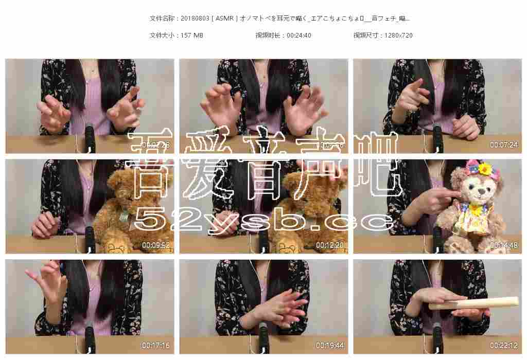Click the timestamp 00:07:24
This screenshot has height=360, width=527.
click(x=503, y=145)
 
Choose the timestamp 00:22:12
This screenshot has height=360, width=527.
click(x=503, y=346)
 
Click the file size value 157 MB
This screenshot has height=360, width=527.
click(x=192, y=35)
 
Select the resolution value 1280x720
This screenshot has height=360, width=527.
click(x=398, y=35)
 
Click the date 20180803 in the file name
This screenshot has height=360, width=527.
click(x=195, y=19)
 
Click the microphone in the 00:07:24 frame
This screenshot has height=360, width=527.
click(x=438, y=138)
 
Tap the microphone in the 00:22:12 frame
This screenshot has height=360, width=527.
click(x=438, y=337)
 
